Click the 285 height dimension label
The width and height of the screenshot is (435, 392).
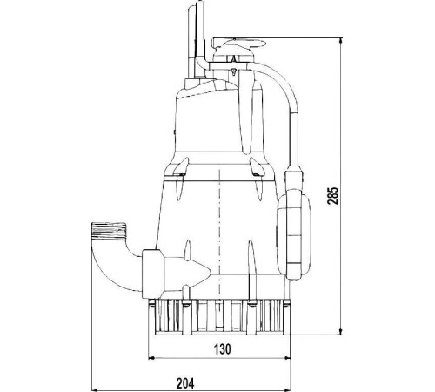tap(333, 196)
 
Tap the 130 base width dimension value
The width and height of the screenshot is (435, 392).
tap(223, 348)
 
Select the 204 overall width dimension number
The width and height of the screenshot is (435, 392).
tap(185, 383)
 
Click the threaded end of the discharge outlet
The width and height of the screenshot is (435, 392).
tap(109, 231)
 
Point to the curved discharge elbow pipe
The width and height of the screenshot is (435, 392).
tap(108, 265)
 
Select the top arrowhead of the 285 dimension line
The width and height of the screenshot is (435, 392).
tap(341, 41)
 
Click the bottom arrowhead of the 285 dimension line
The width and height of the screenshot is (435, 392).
tap(341, 331)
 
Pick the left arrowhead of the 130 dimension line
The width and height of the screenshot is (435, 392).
tap(151, 359)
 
